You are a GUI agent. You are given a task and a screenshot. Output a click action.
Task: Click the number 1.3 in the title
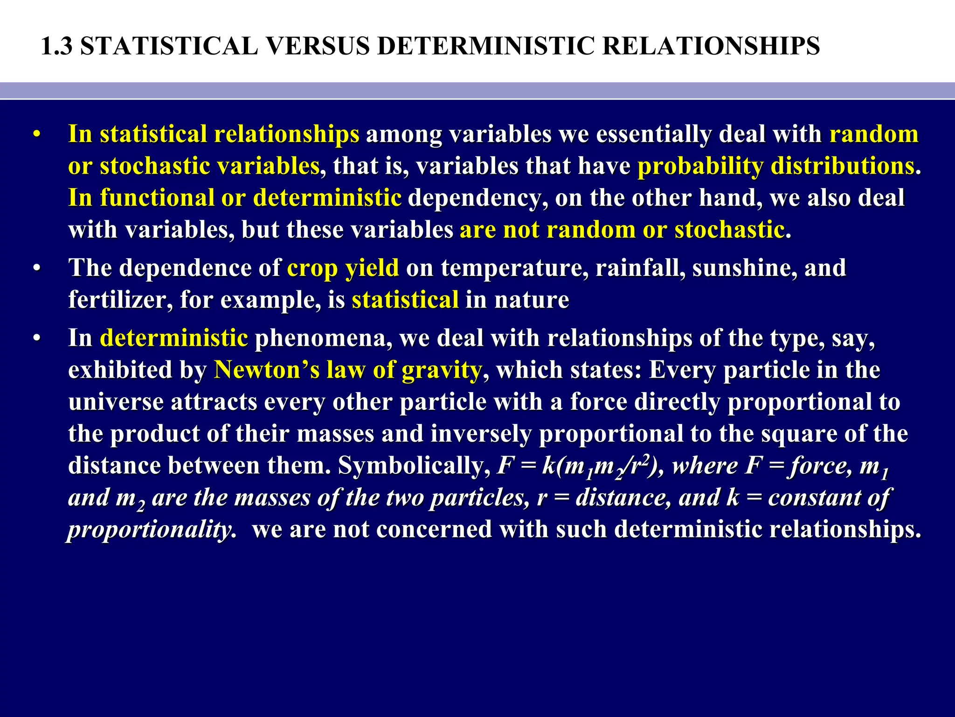(57, 47)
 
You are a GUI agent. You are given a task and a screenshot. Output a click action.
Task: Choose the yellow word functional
(157, 198)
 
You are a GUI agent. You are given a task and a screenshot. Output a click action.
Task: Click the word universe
(116, 402)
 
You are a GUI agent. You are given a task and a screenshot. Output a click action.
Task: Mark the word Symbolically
(411, 466)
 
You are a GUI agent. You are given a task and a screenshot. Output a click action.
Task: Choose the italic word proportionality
(150, 530)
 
